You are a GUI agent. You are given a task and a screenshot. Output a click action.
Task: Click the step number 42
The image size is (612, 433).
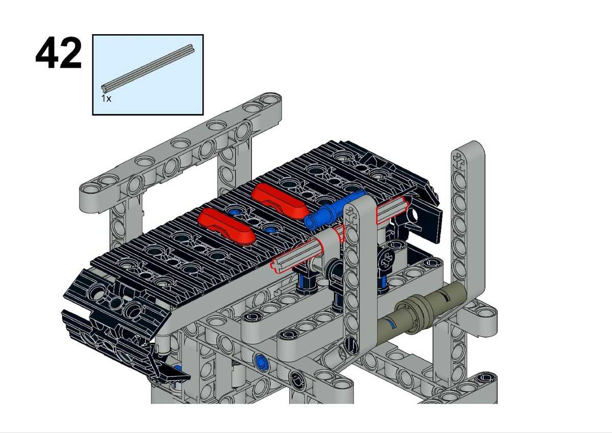[x=59, y=52]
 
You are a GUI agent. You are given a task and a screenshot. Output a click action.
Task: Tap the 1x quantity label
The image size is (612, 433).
[x=106, y=98]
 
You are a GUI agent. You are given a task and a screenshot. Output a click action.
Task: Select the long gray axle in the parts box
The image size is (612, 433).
[x=148, y=69]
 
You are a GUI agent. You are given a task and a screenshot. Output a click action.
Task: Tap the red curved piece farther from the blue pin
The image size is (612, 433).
[x=227, y=226]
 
